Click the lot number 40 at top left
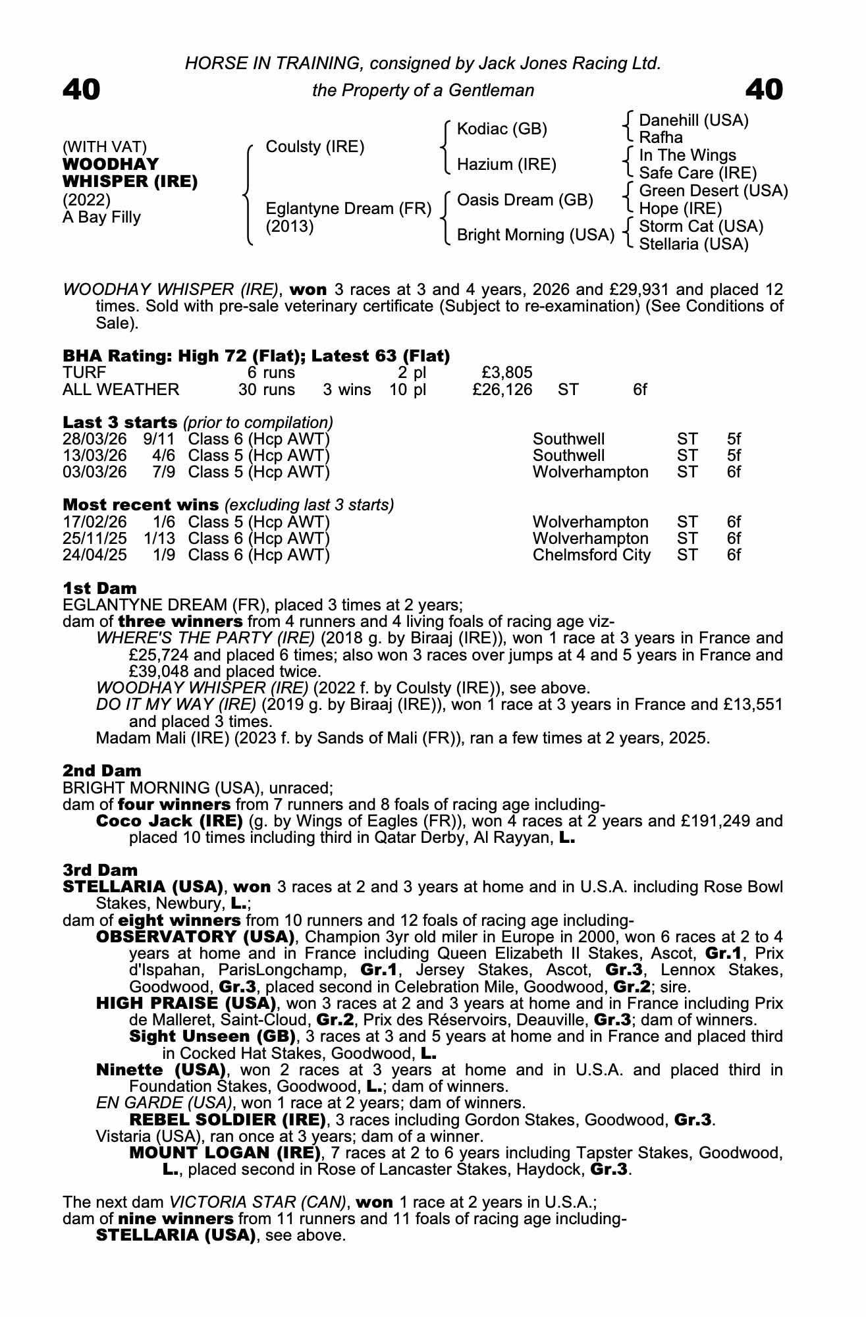[82, 90]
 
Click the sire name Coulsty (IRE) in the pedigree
[314, 147]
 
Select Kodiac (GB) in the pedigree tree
[502, 129]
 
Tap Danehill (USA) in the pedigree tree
[693, 121]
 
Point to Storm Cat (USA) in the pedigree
[701, 227]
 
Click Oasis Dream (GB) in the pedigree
[525, 200]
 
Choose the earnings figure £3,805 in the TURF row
[507, 373]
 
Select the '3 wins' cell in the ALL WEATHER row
[346, 390]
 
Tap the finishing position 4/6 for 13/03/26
[163, 456]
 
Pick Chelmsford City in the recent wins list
[591, 555]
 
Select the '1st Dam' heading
[100, 588]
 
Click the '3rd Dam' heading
[100, 870]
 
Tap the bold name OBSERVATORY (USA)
[195, 936]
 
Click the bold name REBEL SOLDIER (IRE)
[227, 1119]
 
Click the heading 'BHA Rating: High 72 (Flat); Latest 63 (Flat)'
[256, 356]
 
